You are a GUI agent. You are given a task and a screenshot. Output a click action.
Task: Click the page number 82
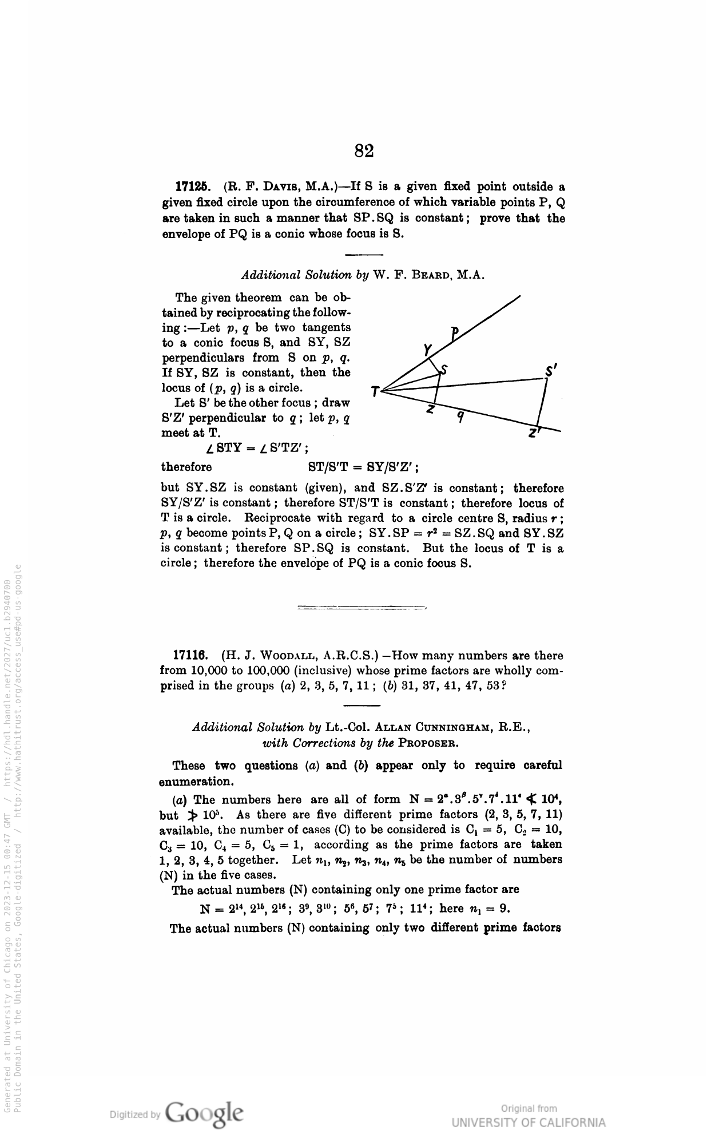(x=364, y=151)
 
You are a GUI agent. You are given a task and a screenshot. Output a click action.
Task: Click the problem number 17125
(x=192, y=187)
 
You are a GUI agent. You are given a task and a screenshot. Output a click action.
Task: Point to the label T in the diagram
(x=375, y=392)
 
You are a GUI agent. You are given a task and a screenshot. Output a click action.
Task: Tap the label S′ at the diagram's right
(x=551, y=371)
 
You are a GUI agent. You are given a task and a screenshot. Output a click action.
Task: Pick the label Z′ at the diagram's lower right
(x=535, y=433)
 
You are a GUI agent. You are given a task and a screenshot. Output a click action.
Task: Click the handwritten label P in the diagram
(x=455, y=332)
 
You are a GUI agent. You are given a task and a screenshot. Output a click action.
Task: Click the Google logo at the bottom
(x=204, y=1113)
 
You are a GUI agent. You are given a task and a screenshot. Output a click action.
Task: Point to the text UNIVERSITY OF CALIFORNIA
(x=529, y=1123)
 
